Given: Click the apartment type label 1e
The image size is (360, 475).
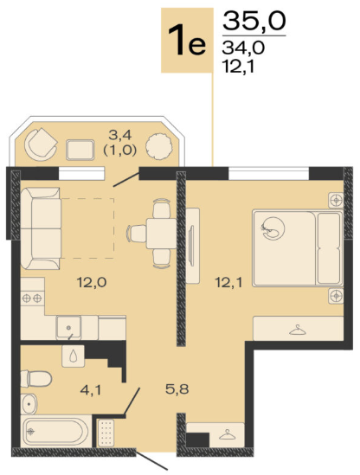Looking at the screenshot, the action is pos(187,40).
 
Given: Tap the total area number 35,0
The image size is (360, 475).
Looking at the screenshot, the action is pos(254,21).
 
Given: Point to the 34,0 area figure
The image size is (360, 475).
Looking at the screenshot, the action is pos(243,48).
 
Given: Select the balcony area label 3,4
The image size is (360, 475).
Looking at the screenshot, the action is pos(120,135).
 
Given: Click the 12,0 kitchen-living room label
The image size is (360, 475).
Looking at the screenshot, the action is pos(92,283).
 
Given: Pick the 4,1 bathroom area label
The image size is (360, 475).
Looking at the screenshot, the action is pos(90,390).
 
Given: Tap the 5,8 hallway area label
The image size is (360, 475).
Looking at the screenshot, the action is pos(177,389).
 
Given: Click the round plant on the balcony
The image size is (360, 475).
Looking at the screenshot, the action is pos(159,146).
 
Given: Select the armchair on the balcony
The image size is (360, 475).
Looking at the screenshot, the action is pos(41,144).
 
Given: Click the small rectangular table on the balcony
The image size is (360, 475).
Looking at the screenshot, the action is pos(80,150).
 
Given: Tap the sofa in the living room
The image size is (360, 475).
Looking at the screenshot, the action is pos(41,228).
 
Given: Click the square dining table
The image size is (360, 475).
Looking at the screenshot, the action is pos(161,234).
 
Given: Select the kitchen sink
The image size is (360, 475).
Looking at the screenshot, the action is pos(68,327).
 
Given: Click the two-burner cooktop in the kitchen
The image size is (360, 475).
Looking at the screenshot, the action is pos(32,298).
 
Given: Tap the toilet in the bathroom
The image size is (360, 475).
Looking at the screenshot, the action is pos(36,378).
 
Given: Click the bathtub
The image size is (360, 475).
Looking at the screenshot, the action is pos(55,432).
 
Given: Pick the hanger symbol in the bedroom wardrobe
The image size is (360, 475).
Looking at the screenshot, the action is pos(298,330).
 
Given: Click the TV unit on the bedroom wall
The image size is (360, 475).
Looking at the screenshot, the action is pos(192,246).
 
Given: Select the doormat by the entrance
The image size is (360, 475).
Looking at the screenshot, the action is pos(106,433).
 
